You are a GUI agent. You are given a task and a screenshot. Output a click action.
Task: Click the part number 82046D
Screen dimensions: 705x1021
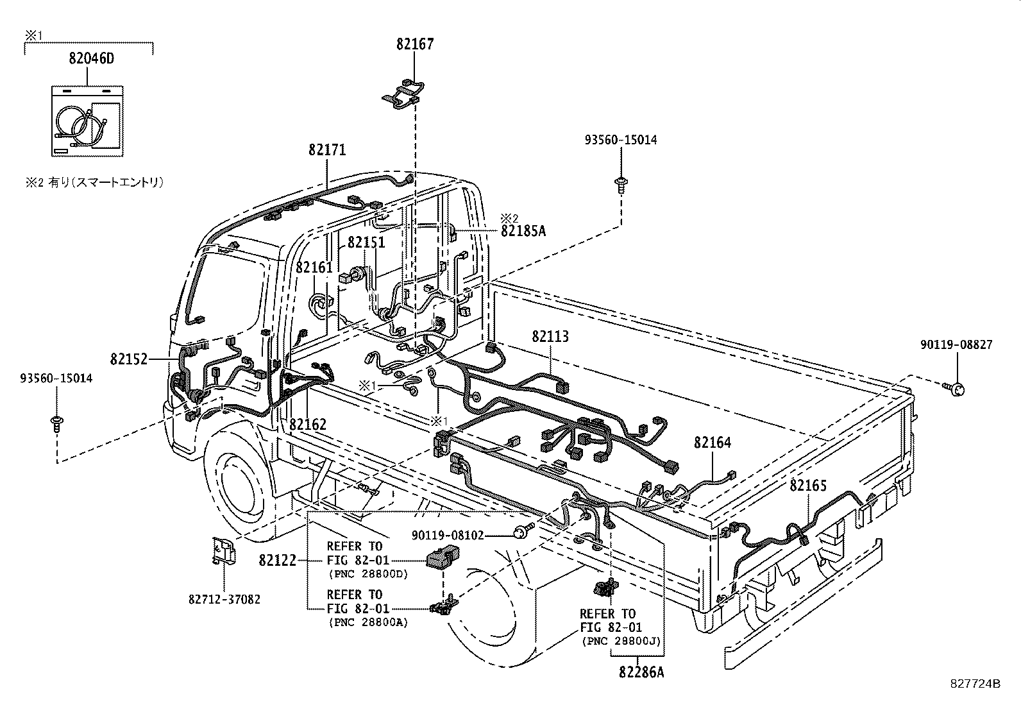pyautogui.click(x=91, y=59)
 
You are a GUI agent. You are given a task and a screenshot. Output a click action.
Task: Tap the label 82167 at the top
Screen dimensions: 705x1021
pyautogui.click(x=414, y=44)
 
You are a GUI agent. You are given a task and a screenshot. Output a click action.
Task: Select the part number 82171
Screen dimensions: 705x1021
pyautogui.click(x=327, y=149)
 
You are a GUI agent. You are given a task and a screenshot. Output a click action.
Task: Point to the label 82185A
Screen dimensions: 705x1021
pyautogui.click(x=523, y=231)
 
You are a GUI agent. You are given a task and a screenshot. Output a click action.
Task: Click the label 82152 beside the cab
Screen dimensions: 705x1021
pyautogui.click(x=129, y=359)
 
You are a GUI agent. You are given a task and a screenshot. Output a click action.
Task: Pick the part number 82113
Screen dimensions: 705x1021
pyautogui.click(x=550, y=337)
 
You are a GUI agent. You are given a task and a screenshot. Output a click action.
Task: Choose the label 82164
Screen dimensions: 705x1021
pyautogui.click(x=712, y=443)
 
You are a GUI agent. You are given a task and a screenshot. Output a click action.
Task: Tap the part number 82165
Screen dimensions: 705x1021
pyautogui.click(x=808, y=486)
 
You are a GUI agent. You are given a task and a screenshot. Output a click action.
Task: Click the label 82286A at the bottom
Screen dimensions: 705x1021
pyautogui.click(x=641, y=672)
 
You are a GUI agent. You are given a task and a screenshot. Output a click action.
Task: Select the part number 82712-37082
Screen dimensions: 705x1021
pyautogui.click(x=224, y=600)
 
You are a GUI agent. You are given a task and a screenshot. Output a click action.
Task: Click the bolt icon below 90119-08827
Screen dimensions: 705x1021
pyautogui.click(x=955, y=388)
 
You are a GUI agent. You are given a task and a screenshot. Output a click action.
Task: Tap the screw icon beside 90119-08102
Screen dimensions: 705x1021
pyautogui.click(x=525, y=530)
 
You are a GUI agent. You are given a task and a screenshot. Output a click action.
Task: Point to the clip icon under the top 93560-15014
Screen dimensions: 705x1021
pyautogui.click(x=621, y=184)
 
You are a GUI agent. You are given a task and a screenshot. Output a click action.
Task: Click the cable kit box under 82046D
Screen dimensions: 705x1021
pyautogui.click(x=87, y=121)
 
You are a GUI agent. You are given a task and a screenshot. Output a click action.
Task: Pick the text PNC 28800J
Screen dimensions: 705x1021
pyautogui.click(x=621, y=640)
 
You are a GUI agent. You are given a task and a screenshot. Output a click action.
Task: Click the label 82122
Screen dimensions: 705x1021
pyautogui.click(x=278, y=560)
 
